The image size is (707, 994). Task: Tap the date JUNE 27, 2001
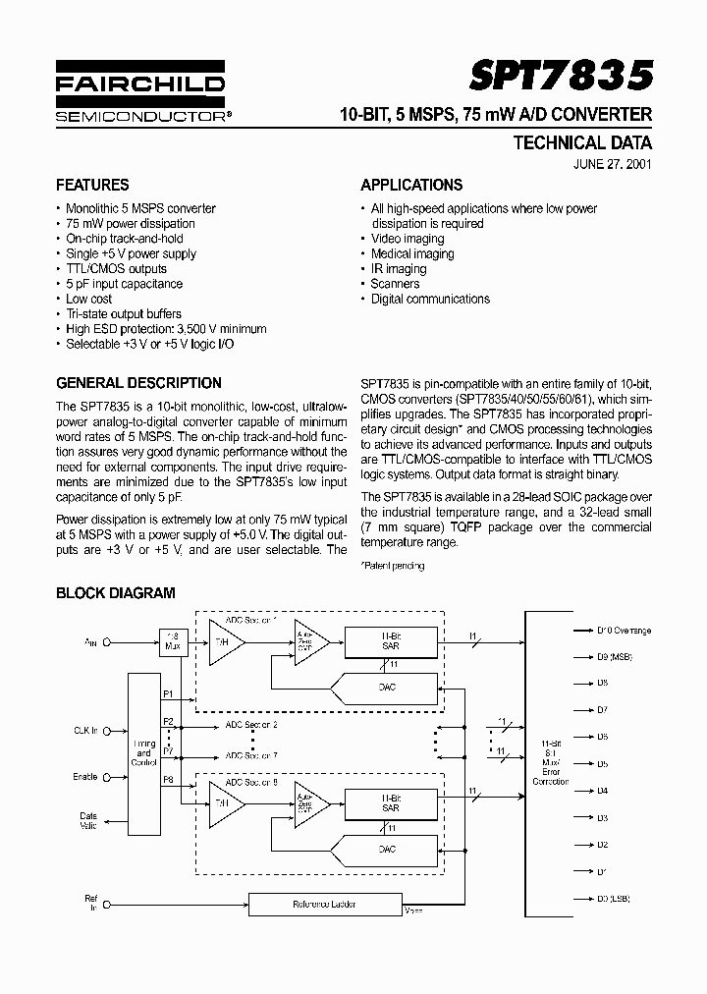(x=611, y=164)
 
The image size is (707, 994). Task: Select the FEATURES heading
(x=92, y=185)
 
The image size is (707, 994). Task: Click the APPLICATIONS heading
(x=411, y=185)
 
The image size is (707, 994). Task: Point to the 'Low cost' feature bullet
(x=88, y=299)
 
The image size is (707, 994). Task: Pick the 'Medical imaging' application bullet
(x=412, y=253)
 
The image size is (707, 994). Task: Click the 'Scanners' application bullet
(x=395, y=284)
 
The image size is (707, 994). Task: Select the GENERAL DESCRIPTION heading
(x=138, y=383)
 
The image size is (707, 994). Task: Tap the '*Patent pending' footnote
(x=393, y=566)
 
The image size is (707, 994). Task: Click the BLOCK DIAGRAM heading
(x=115, y=593)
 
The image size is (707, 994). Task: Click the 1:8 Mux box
(x=173, y=640)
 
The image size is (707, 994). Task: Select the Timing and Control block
(x=143, y=754)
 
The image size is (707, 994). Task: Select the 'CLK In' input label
(x=86, y=730)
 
